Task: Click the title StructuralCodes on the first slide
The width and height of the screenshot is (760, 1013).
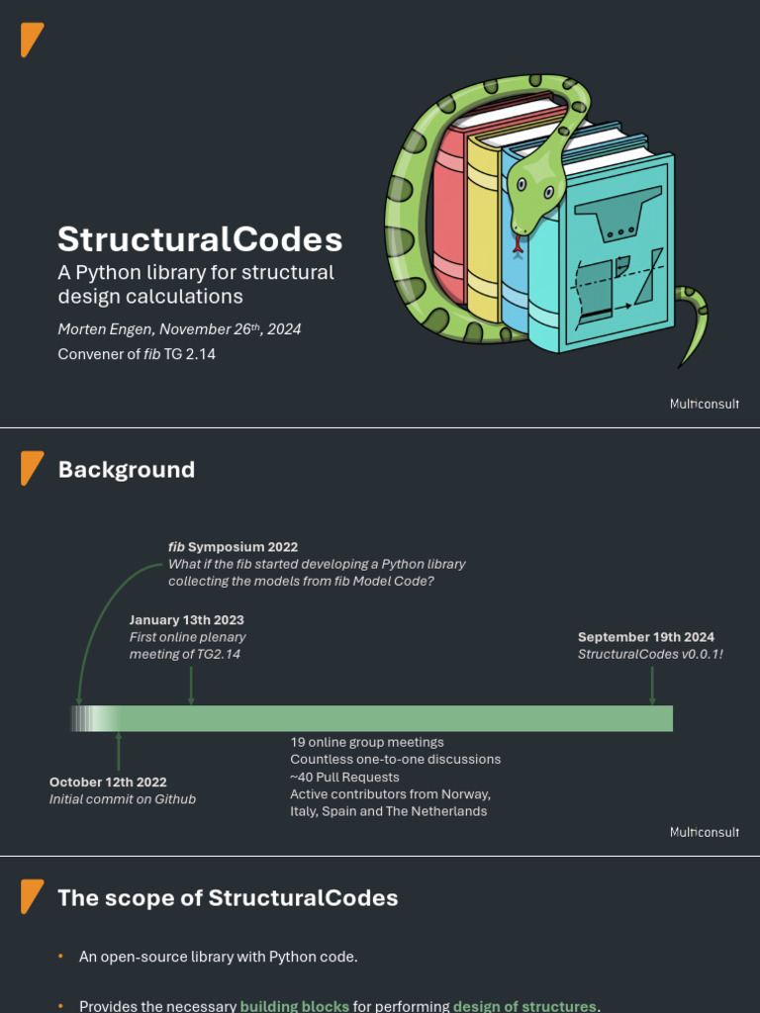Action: pyautogui.click(x=200, y=239)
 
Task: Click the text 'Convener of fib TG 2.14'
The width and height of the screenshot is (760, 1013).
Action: pyautogui.click(x=137, y=353)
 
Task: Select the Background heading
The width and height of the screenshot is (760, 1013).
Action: pyautogui.click(x=127, y=470)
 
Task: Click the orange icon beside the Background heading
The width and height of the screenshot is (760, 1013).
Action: pyautogui.click(x=33, y=468)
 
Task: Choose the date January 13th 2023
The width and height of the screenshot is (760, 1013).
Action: pyautogui.click(x=186, y=620)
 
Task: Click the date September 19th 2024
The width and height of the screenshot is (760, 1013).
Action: pyautogui.click(x=646, y=637)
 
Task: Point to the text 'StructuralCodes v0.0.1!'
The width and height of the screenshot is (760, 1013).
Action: pyautogui.click(x=650, y=654)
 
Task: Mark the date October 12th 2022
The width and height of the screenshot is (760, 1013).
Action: pyautogui.click(x=108, y=783)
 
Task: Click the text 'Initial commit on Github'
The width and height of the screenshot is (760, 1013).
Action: pyautogui.click(x=123, y=799)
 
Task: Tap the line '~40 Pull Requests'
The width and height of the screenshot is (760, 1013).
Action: pyautogui.click(x=344, y=778)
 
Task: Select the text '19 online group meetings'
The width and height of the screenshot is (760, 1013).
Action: pyautogui.click(x=367, y=742)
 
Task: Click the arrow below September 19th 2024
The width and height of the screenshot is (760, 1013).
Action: pyautogui.click(x=652, y=686)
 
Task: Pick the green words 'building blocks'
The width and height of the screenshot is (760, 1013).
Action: pyautogui.click(x=295, y=1006)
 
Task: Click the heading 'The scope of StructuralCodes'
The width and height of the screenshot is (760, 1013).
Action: pyautogui.click(x=228, y=898)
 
